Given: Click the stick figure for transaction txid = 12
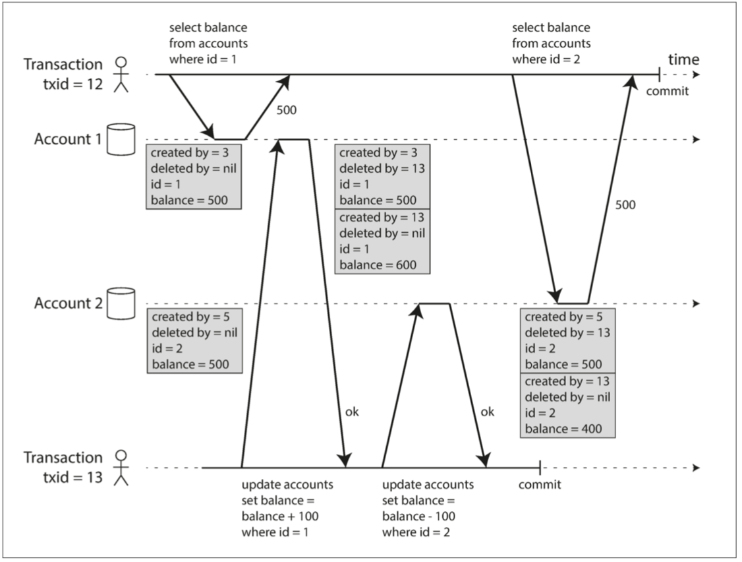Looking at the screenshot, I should tap(120, 74).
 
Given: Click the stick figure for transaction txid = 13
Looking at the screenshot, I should tap(120, 467).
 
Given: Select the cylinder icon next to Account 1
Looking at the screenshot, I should tap(121, 139).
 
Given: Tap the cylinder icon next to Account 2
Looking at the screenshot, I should tap(121, 303).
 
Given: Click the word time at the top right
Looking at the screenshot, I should tap(683, 60).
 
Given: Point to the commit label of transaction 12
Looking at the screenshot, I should tap(667, 91).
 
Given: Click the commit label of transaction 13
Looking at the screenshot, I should tap(540, 485).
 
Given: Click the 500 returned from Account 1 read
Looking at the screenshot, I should tap(286, 109).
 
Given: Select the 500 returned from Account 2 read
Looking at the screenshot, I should tap(625, 205).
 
